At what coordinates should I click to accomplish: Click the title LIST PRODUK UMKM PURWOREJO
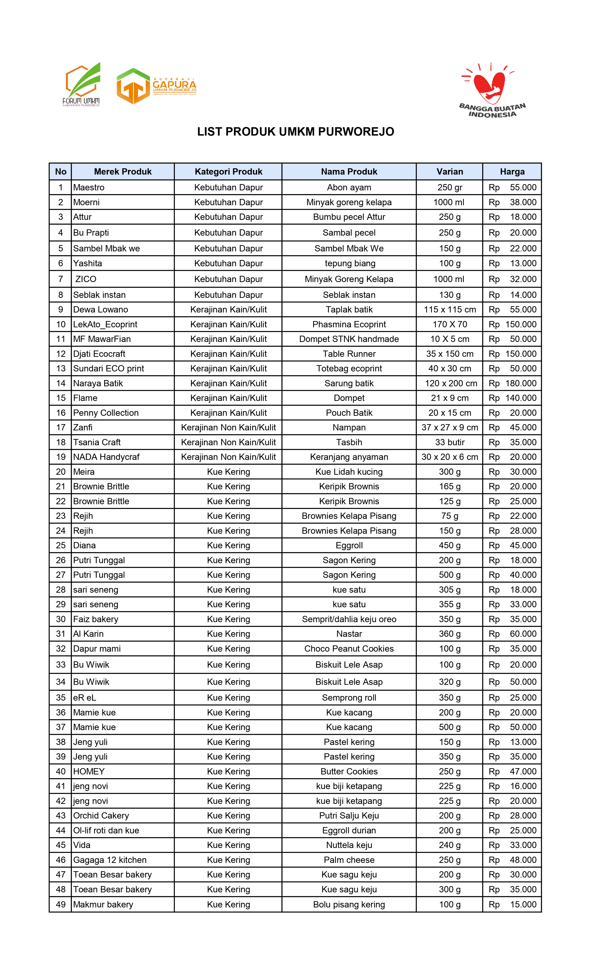[296, 132]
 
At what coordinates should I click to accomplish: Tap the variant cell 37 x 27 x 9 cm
[449, 427]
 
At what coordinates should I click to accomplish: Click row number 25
[61, 545]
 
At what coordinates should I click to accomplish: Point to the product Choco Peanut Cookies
[349, 649]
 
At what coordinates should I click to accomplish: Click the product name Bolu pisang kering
[349, 904]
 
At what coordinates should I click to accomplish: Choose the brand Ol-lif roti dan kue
[106, 830]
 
